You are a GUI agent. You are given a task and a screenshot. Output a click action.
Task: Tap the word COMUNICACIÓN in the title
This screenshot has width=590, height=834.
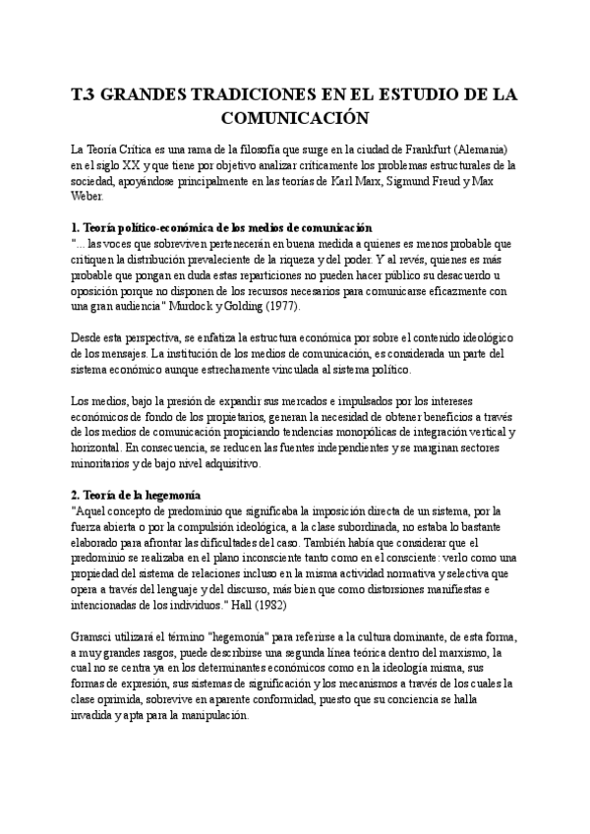click(294, 118)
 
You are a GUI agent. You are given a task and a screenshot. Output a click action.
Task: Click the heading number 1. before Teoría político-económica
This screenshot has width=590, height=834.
click(77, 227)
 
